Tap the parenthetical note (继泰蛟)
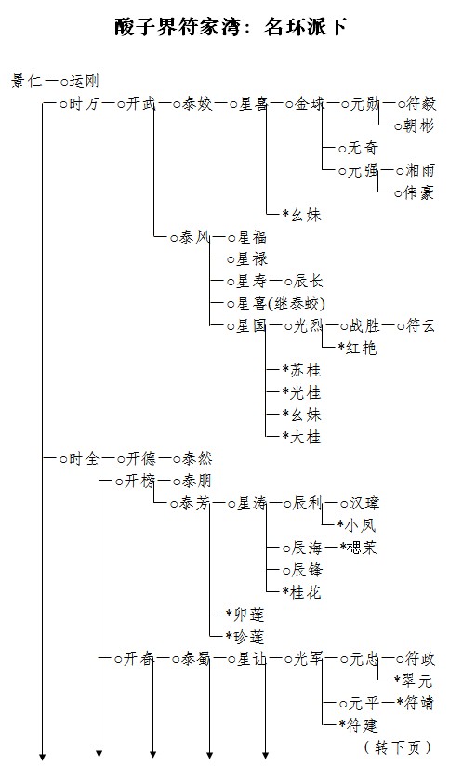tap(297, 304)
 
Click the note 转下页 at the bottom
tap(398, 747)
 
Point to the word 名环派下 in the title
tap(306, 26)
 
